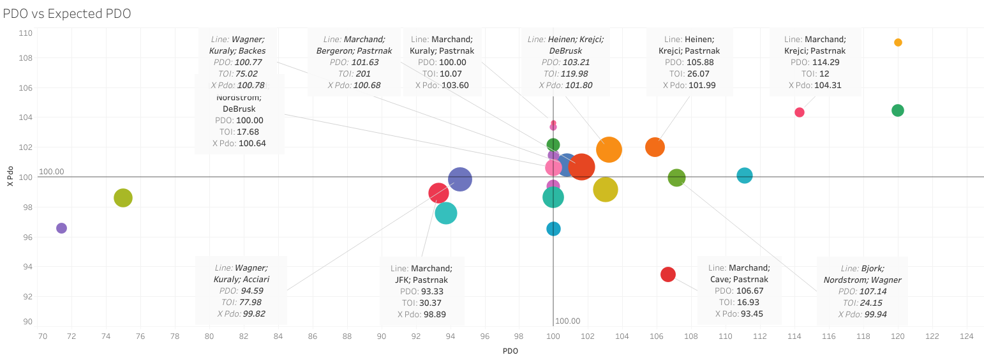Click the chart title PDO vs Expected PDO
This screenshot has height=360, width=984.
pos(67,13)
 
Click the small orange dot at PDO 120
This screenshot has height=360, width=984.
pos(898,43)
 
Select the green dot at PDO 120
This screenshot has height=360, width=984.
pos(897,110)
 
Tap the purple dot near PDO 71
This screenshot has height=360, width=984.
pos(61,228)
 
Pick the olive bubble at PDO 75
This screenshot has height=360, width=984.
pos(123,198)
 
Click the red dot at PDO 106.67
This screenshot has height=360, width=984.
pos(667,274)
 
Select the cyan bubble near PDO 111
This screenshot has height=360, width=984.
pos(744,175)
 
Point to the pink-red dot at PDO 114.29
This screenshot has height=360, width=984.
pos(799,112)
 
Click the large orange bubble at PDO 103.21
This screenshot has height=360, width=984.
pos(609,150)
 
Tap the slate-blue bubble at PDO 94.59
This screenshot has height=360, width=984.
pos(459,180)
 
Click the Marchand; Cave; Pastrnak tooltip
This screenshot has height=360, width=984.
pos(739,290)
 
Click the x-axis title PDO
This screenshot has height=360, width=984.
pos(511,350)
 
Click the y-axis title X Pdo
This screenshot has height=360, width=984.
pos(10,177)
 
